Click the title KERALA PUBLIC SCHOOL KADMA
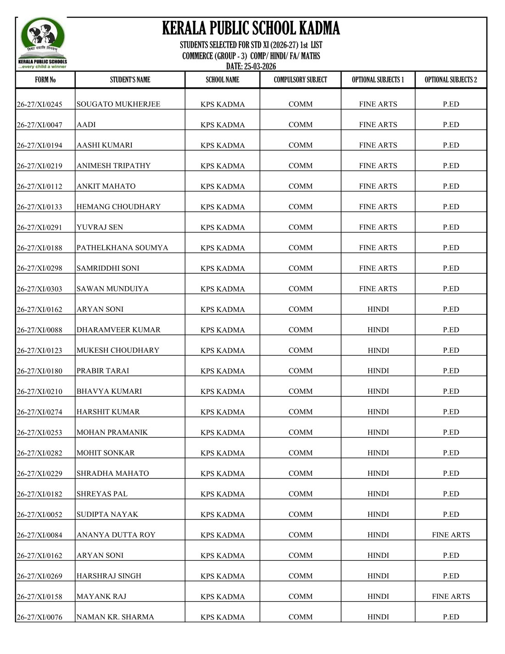[x=251, y=28]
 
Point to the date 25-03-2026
[x=251, y=67]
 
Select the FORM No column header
[x=45, y=80]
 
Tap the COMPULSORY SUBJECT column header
[x=300, y=80]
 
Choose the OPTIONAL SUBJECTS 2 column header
[x=450, y=80]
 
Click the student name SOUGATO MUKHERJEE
[x=118, y=104]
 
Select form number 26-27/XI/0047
[x=39, y=125]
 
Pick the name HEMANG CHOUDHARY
[x=118, y=207]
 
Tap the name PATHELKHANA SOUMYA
[x=122, y=248]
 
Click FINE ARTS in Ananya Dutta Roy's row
[x=451, y=535]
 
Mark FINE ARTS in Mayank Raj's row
[x=451, y=596]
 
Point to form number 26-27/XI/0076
[x=39, y=617]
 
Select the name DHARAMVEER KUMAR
[x=118, y=330]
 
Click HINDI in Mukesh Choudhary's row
[x=378, y=350]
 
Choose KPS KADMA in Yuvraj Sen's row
[x=223, y=227]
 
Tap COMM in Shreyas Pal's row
[x=300, y=494]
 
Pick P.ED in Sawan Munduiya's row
[x=451, y=288]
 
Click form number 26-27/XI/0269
[x=39, y=576]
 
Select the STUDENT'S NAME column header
[x=130, y=80]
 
